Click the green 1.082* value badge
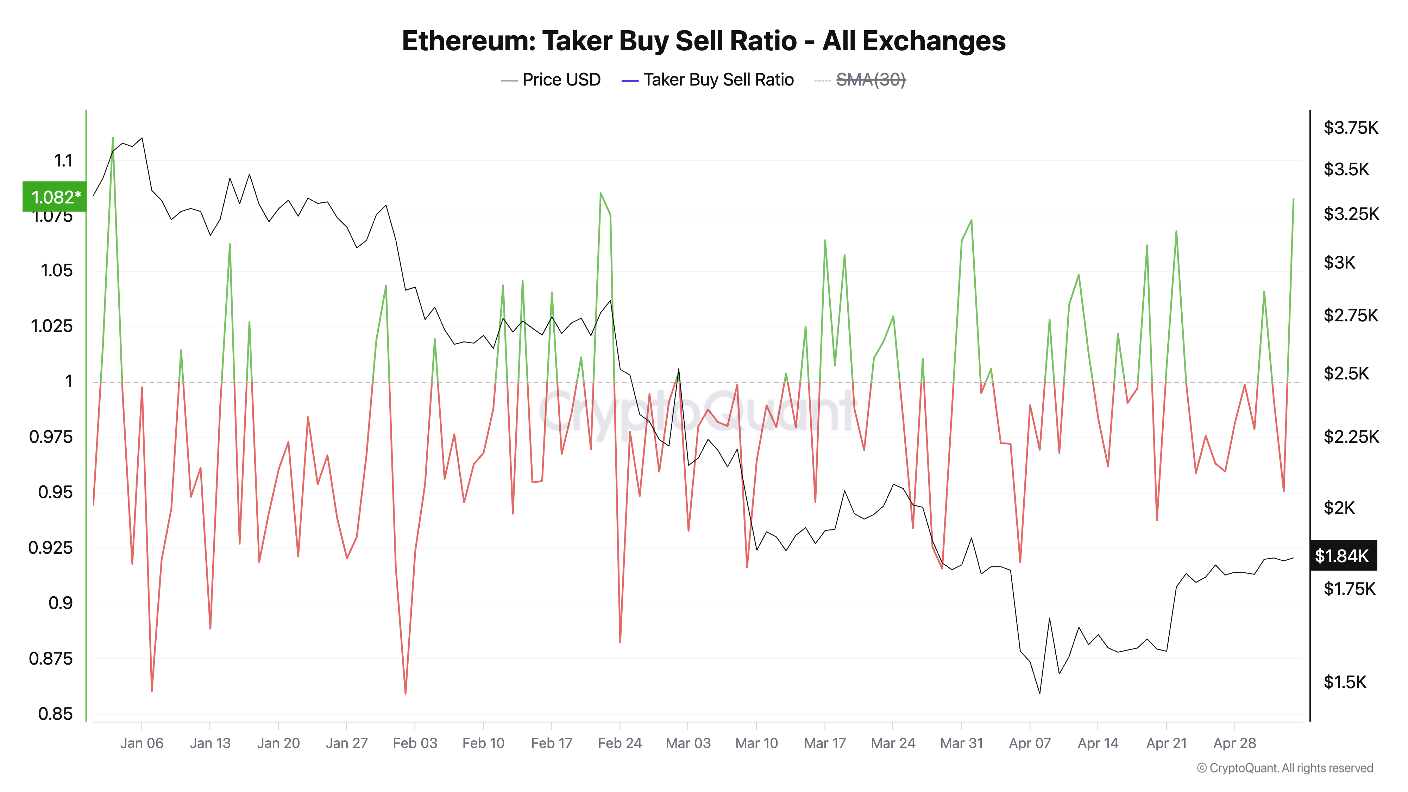(55, 197)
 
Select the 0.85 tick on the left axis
(55, 714)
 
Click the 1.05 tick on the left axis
(56, 271)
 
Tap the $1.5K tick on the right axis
(1345, 682)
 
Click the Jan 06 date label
(142, 743)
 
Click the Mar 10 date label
(756, 743)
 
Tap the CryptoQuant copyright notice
(1284, 768)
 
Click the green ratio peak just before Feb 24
(601, 194)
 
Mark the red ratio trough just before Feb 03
(405, 693)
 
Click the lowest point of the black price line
(1039, 693)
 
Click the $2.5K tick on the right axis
(1346, 374)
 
